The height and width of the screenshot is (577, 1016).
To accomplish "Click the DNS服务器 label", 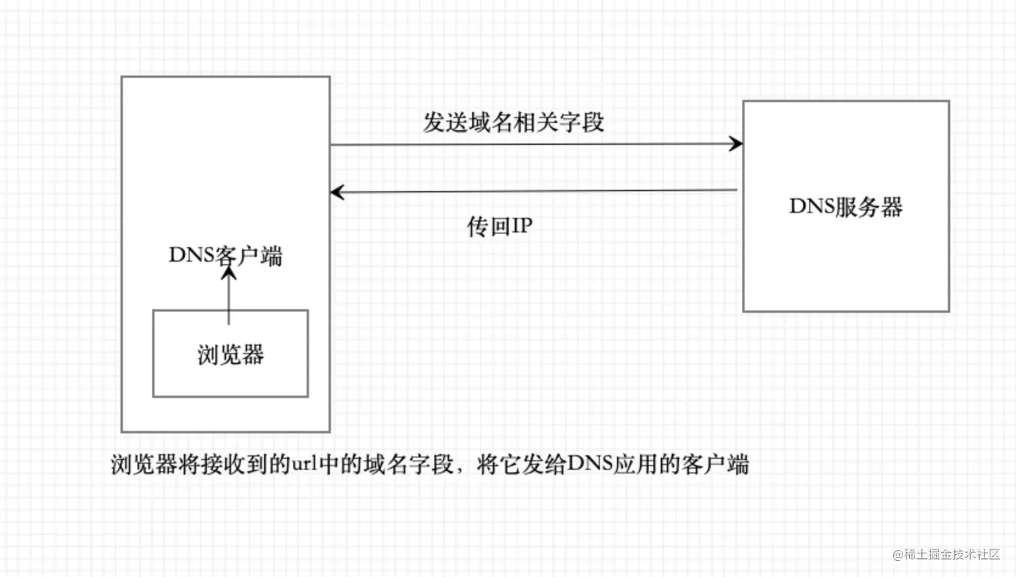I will [x=845, y=206].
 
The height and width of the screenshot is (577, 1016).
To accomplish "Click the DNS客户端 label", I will [x=225, y=256].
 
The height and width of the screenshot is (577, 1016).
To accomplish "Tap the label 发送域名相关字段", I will [x=513, y=122].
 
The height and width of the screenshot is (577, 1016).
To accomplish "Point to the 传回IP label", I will [x=499, y=226].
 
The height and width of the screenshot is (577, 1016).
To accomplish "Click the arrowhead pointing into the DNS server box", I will [x=736, y=143].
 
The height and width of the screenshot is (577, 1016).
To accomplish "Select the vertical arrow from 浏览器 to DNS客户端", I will [x=229, y=296].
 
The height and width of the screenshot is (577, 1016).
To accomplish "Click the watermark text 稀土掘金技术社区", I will [x=952, y=554].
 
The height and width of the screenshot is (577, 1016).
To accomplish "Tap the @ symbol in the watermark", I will [x=898, y=555].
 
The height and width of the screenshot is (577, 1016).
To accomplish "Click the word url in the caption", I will [x=304, y=464].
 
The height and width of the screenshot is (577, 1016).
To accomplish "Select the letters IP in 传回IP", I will [x=521, y=226].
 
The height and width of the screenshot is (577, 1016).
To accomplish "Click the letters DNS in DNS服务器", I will [x=811, y=206].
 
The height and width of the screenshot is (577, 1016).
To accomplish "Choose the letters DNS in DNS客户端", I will [x=191, y=256].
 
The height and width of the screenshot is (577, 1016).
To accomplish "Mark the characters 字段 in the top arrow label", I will [x=582, y=122].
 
